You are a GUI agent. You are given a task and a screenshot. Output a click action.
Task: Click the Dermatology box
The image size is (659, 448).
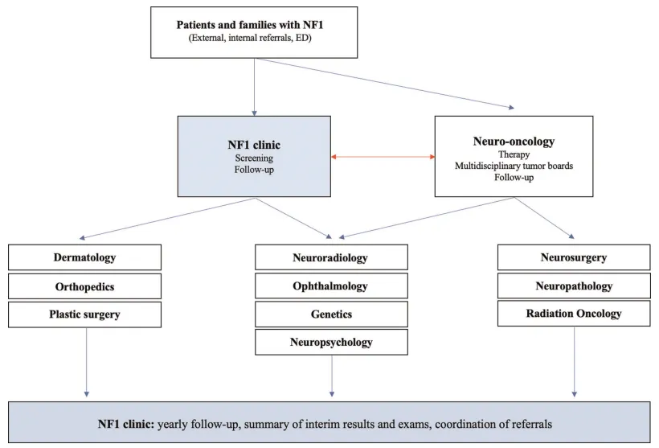85,258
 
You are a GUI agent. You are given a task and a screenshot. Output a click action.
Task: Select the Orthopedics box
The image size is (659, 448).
85,286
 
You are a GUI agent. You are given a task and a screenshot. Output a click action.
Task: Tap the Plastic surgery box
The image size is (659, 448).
85,314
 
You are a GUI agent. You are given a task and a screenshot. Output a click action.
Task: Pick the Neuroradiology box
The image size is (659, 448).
331,258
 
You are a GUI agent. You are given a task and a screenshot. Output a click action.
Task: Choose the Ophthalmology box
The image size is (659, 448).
331,286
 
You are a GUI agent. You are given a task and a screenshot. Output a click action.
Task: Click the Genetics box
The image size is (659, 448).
331,314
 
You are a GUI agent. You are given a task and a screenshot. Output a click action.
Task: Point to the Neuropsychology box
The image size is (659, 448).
331,342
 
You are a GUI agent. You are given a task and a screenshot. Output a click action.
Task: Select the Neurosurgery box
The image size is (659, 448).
574,258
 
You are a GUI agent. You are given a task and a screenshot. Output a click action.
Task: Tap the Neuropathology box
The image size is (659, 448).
574,286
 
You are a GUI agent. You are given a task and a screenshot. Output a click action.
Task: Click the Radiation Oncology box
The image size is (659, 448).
574,314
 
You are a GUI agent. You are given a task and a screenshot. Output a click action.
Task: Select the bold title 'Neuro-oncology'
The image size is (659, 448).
514,142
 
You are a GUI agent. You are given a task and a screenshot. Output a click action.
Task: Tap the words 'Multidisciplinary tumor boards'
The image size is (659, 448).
514,166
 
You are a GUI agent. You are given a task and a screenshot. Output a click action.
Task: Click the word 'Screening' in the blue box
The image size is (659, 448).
254,158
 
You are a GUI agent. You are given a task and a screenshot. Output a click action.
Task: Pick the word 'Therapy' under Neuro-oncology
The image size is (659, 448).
514,154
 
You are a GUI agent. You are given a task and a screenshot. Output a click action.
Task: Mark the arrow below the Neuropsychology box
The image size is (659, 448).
331,376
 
